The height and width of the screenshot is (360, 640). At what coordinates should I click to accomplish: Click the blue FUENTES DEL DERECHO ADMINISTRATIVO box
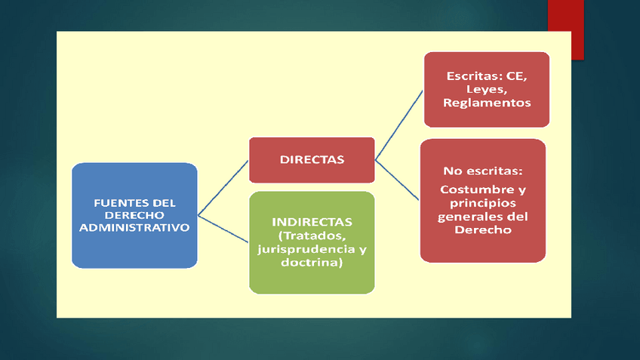tap(134, 215)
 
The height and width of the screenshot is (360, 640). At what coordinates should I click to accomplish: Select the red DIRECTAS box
tap(312, 160)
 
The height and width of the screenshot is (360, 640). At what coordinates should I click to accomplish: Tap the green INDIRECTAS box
tap(312, 242)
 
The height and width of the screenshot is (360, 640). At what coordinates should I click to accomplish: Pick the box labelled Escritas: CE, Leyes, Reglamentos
tap(486, 89)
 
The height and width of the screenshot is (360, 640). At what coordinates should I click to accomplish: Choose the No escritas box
tap(483, 200)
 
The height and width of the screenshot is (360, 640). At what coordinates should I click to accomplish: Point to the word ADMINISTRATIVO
tap(134, 227)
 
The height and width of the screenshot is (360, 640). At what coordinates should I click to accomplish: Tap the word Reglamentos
tap(487, 103)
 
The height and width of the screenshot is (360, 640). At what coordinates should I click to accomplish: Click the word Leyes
tap(487, 89)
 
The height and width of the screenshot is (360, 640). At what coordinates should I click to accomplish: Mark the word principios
tap(483, 202)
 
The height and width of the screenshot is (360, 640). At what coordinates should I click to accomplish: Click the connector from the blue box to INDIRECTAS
tap(223, 227)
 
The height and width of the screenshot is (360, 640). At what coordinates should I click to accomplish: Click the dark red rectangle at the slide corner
tap(565, 29)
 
